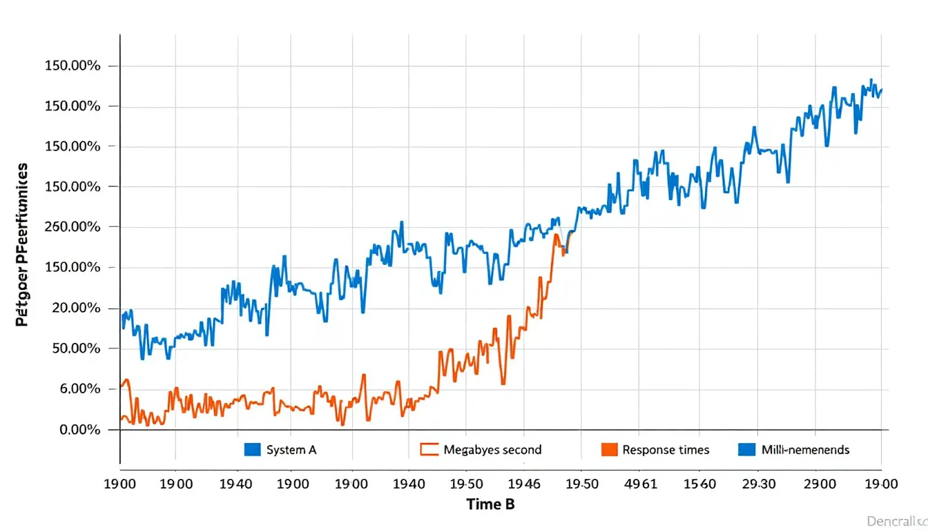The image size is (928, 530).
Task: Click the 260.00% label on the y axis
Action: pos(72,227)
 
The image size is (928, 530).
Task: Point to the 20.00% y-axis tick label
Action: pos(75,308)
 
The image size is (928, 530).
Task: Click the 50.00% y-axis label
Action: pos(75,349)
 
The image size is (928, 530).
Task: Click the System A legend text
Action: pos(291,450)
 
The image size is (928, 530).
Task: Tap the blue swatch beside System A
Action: pos(253,450)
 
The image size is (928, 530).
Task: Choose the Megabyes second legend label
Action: pos(492,450)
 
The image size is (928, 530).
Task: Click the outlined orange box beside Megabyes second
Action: pos(429,450)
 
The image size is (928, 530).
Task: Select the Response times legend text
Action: pos(666,450)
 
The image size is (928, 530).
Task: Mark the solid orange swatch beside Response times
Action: pos(608,450)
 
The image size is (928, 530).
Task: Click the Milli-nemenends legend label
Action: pos(805,450)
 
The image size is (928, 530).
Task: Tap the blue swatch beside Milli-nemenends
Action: pos(747,450)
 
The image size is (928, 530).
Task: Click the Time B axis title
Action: pos(490,504)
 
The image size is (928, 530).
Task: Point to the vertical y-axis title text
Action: pos(21,245)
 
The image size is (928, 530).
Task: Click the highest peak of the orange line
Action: pos(556,235)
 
